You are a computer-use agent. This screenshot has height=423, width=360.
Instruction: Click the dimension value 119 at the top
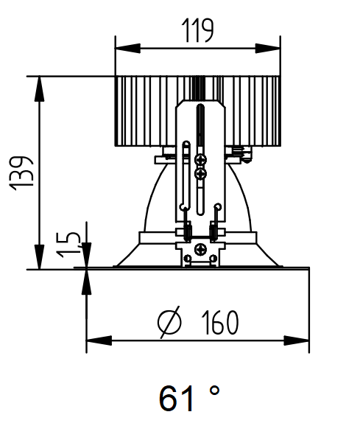pyautogui.click(x=197, y=31)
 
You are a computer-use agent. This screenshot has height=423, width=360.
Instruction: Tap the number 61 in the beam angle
pyautogui.click(x=178, y=397)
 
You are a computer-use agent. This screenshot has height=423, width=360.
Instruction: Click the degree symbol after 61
pyautogui.click(x=216, y=390)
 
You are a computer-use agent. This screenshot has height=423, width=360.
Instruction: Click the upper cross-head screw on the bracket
pyautogui.click(x=201, y=158)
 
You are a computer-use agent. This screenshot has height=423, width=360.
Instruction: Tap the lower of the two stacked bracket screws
pyautogui.click(x=201, y=173)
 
